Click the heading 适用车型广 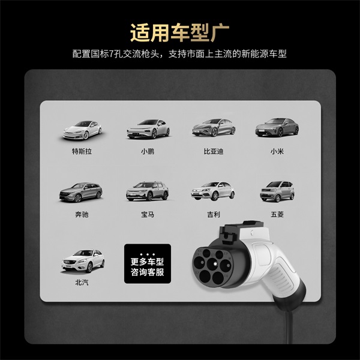[179, 31]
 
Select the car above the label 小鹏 [146, 128]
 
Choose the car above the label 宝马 [146, 191]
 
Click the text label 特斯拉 [82, 151]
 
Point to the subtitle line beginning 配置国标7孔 [179, 55]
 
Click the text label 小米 [277, 151]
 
